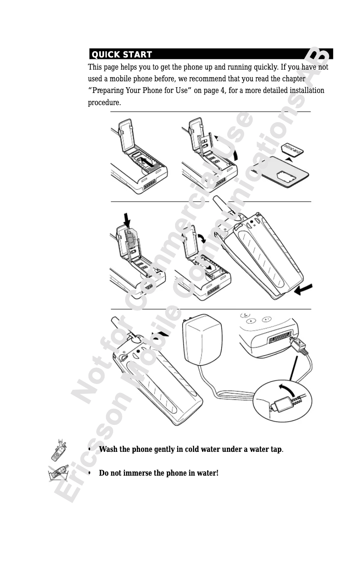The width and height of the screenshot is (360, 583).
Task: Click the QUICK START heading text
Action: point(122,54)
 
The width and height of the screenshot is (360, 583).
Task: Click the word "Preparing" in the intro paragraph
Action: point(108,91)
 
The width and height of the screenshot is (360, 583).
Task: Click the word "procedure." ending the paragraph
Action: point(104,102)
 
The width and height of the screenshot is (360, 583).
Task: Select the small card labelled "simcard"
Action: point(293,150)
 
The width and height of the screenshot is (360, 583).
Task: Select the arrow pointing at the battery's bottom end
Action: point(303,289)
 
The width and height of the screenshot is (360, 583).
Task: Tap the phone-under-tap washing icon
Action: point(59,450)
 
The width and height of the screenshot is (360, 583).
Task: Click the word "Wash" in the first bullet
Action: point(108,449)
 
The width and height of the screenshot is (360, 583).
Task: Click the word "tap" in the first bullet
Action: point(277,450)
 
